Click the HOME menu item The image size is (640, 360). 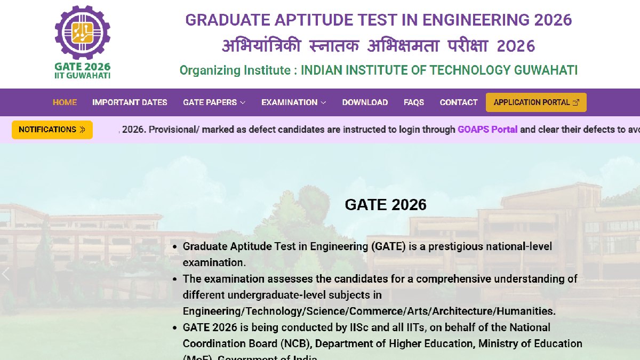(65, 102)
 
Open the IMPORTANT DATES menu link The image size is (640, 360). (130, 102)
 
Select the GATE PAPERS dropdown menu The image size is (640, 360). (214, 102)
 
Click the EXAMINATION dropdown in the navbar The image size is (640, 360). (293, 102)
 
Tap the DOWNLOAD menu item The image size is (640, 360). (365, 102)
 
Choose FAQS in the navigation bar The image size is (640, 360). (414, 102)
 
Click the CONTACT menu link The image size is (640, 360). (459, 102)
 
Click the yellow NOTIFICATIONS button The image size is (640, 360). (52, 130)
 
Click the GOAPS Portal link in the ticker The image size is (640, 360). (487, 130)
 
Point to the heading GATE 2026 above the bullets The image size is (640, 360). (386, 205)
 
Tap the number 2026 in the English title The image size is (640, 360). (552, 20)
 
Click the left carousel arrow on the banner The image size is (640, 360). (6, 274)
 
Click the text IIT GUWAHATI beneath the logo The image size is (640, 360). (82, 76)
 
